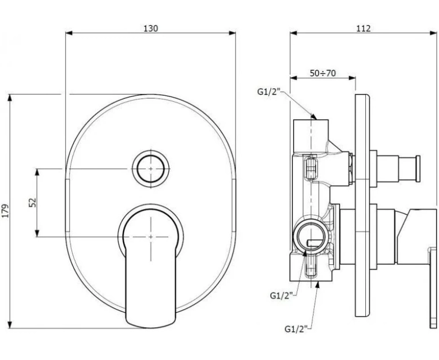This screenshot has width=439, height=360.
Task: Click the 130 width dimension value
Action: point(150,29)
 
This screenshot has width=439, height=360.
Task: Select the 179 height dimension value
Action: point(6,211)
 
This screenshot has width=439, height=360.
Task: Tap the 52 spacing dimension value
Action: point(33,202)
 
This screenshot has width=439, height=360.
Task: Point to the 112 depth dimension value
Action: point(364,29)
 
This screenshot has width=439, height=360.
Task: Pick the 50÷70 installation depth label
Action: point(323,73)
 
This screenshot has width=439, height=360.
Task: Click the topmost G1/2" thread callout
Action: point(269,92)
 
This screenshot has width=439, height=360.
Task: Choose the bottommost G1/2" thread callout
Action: point(296,329)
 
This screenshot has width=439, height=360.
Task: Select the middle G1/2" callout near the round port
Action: point(281,295)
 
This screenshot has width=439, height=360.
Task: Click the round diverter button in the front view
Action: point(150,169)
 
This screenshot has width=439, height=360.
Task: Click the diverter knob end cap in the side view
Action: point(418,169)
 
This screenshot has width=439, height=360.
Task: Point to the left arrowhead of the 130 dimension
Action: point(69,33)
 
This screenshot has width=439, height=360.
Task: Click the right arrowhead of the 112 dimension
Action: point(433,33)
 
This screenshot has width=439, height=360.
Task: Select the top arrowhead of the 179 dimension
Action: point(10,98)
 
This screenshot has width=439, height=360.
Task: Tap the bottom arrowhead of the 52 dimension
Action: point(37,233)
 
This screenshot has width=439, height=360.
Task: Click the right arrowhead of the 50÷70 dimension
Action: point(352,78)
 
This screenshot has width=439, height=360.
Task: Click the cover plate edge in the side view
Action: point(362,206)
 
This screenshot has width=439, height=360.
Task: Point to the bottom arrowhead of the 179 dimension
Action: point(10,324)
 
